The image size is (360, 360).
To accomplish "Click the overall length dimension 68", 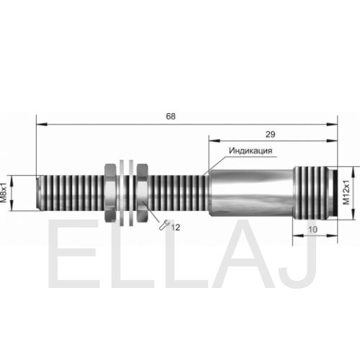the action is (171, 117).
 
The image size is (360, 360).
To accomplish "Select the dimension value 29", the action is (270, 135).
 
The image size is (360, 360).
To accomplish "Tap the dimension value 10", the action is (312, 230).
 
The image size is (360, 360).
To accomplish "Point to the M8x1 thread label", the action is (4, 193).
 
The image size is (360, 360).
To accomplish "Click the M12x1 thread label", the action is (346, 192).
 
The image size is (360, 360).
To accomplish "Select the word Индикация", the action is (251, 150).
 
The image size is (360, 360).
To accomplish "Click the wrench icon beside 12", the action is (165, 225).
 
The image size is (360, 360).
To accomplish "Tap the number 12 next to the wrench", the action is (176, 228).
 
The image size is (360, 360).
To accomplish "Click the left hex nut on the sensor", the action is (111, 193).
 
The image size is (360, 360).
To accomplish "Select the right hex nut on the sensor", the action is (142, 193).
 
